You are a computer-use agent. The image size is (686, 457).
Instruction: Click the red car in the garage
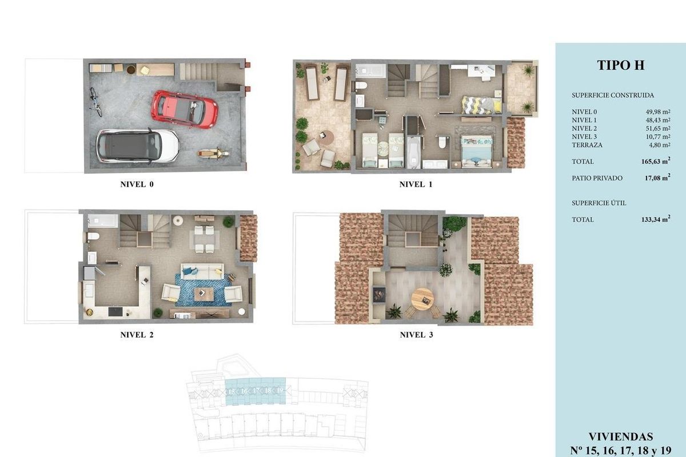tap(184, 109)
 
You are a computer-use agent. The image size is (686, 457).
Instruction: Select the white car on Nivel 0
tap(138, 145)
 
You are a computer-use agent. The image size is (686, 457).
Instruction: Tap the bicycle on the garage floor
tap(95, 102)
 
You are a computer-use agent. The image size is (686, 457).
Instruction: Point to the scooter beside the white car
tap(213, 153)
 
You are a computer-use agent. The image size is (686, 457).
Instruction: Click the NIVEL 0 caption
tap(137, 185)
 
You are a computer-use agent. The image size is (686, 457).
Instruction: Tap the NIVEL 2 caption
tap(137, 335)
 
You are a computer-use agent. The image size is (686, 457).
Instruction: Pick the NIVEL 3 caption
tap(416, 335)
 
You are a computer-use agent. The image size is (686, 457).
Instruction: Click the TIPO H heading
tap(620, 65)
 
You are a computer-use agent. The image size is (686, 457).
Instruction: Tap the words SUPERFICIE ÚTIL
tap(594, 203)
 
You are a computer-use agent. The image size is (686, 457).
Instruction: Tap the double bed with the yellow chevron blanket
tap(481, 105)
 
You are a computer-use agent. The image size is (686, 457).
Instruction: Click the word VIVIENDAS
tap(620, 437)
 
